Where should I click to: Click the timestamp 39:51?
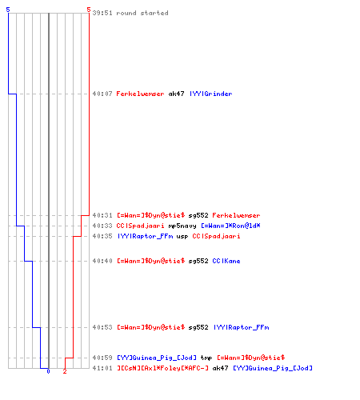pyautogui.click(x=102, y=13)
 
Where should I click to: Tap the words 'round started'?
pyautogui.click(x=142, y=13)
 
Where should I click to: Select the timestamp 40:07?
pyautogui.click(x=102, y=94)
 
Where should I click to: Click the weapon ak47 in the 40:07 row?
pyautogui.click(x=176, y=94)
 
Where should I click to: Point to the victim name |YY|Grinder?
pyautogui.click(x=211, y=94)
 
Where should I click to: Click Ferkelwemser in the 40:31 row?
pyautogui.click(x=236, y=215)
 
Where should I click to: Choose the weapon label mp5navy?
pyautogui.click(x=182, y=226)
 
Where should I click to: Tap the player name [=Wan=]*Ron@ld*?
pyautogui.click(x=230, y=226)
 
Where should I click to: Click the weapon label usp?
pyautogui.click(x=182, y=237)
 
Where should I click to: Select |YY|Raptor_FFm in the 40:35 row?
pyautogui.click(x=146, y=236)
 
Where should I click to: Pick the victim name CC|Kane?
pyautogui.click(x=226, y=261)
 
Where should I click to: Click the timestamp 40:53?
pyautogui.click(x=102, y=327)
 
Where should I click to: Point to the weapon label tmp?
pyautogui.click(x=206, y=358)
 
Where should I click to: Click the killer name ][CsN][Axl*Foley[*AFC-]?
pyautogui.click(x=162, y=368)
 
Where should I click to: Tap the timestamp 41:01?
pyautogui.click(x=102, y=368)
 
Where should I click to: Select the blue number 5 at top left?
pyautogui.click(x=8, y=10)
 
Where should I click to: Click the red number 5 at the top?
pyautogui.click(x=89, y=10)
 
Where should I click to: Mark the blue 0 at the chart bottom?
pyautogui.click(x=48, y=371)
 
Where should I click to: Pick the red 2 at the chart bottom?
pyautogui.click(x=65, y=371)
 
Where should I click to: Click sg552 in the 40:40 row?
pyautogui.click(x=198, y=261)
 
